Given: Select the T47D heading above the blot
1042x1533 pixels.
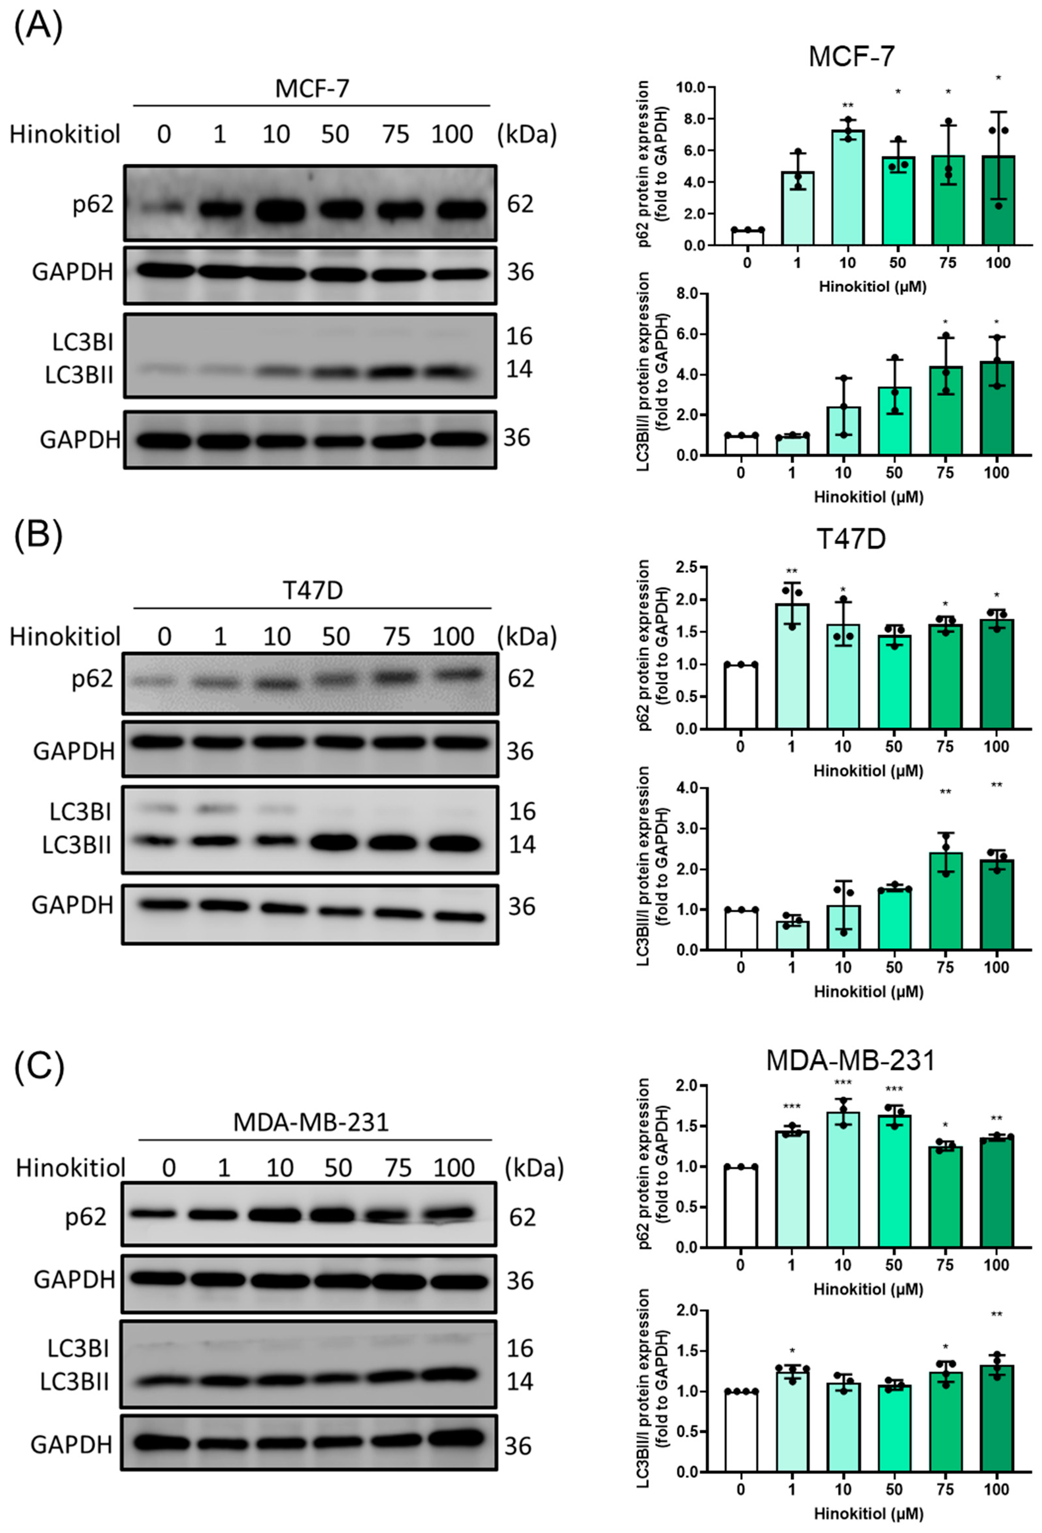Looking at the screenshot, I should pos(313,591).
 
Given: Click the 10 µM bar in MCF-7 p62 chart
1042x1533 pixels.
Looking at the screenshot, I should pos(848,188).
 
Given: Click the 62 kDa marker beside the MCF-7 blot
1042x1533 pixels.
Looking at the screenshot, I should pos(520,205).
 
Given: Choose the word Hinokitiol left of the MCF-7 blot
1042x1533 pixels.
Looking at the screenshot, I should pos(65,135).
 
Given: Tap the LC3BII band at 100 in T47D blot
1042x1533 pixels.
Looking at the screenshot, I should pos(454,844).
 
